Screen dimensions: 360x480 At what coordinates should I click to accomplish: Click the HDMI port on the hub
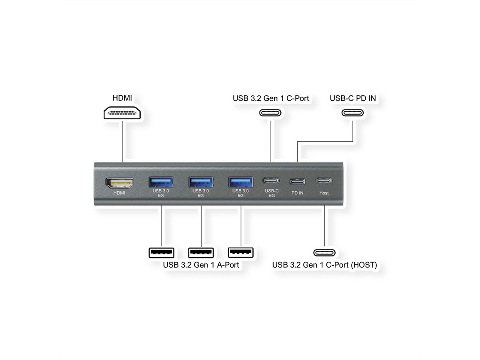[119, 183]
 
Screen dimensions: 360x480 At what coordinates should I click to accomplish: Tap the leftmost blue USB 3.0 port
[161, 182]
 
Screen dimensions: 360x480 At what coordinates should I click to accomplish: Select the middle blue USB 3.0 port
[201, 182]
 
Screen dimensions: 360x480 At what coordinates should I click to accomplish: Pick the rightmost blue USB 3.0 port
[240, 182]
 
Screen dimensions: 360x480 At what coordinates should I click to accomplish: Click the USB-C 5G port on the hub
[272, 181]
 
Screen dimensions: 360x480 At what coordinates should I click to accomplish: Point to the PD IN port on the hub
[297, 181]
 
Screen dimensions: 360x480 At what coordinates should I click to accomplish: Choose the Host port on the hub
[324, 181]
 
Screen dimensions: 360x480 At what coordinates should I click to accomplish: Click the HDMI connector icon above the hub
[122, 113]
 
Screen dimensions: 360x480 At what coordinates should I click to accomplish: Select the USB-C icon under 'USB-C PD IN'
[353, 112]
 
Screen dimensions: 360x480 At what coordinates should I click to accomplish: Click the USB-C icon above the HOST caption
[324, 253]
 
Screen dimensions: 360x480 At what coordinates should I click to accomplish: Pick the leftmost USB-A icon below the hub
[161, 253]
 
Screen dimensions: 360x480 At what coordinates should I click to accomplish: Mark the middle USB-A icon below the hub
[201, 253]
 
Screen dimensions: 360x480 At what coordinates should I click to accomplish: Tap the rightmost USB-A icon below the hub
[240, 252]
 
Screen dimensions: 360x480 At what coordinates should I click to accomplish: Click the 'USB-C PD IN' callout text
[353, 98]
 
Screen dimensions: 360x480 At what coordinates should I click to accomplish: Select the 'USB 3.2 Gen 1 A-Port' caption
[201, 265]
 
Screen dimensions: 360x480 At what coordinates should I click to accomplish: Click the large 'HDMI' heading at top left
[122, 98]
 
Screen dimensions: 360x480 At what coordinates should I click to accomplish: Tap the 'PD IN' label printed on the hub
[297, 193]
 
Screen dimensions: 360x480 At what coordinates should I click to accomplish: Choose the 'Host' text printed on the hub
[324, 193]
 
